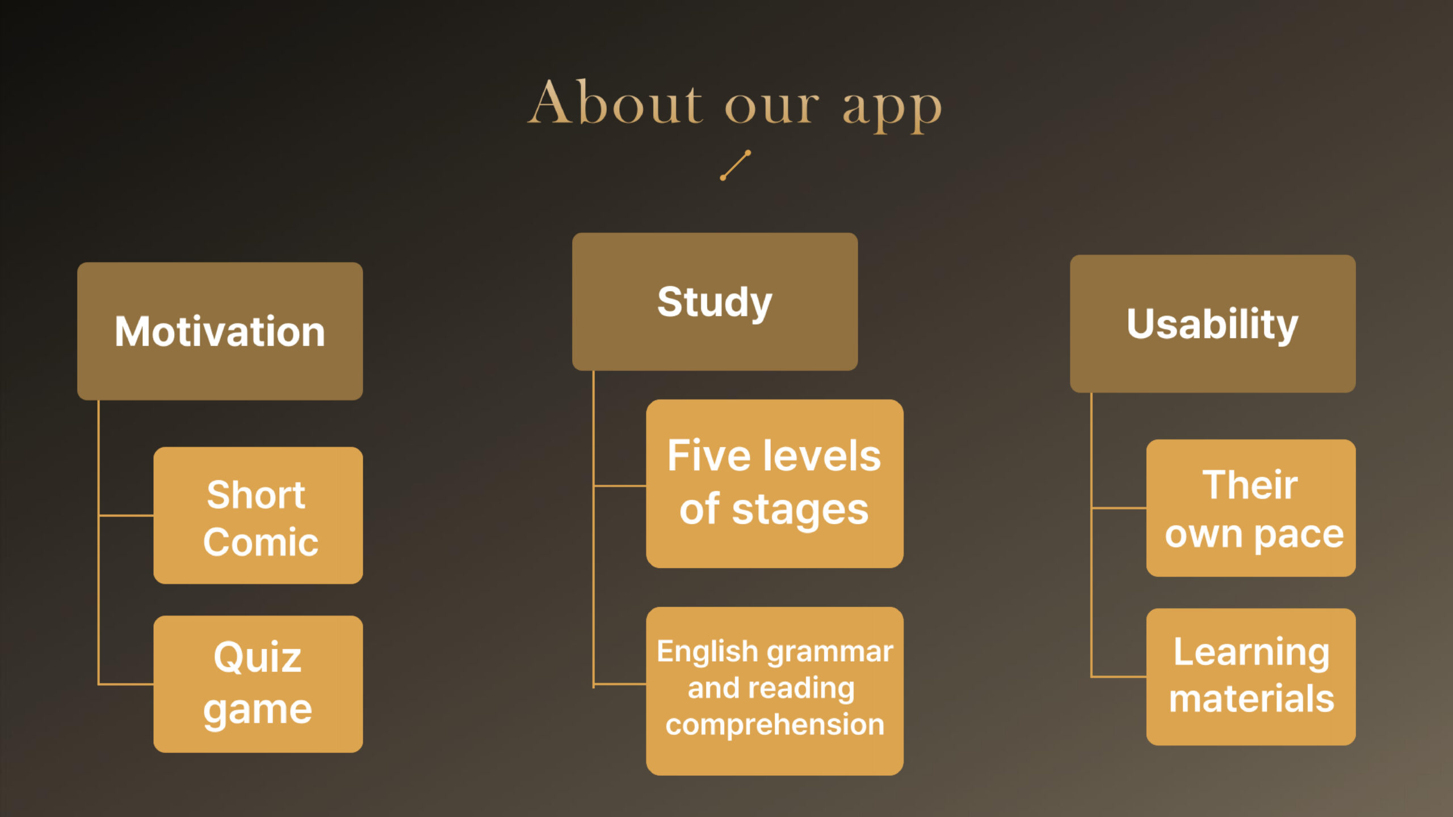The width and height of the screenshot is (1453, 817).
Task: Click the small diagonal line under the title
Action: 736,165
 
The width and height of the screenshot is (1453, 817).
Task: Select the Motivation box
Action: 220,331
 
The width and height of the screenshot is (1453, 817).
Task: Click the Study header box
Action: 715,301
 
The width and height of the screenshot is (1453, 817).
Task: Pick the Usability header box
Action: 1212,323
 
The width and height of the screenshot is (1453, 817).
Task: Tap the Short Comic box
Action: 258,515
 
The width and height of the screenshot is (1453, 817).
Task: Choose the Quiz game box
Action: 258,684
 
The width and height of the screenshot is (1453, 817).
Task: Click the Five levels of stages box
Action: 774,483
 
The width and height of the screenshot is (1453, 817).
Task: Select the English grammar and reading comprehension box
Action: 774,690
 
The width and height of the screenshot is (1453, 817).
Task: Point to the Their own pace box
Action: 1251,508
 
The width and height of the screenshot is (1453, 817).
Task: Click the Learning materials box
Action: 1251,676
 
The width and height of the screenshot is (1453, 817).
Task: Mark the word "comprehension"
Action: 775,726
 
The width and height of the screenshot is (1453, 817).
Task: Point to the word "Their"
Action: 1250,485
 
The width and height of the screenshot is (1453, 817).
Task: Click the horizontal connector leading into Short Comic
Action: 126,516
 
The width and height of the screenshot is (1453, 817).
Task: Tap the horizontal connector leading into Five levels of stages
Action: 620,486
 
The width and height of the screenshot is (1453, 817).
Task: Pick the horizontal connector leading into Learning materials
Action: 1119,676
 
